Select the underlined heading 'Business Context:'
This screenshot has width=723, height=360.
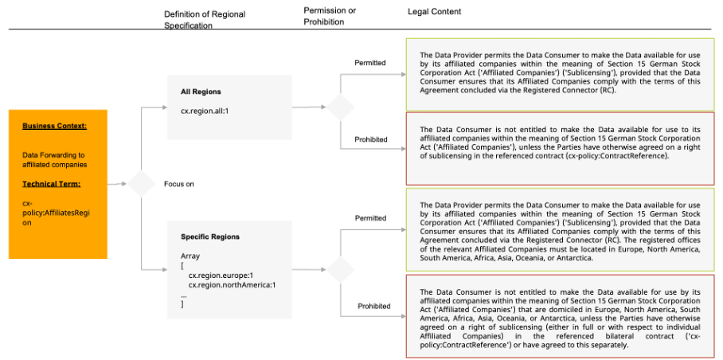(54, 126)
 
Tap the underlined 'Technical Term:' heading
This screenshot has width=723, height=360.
(51, 184)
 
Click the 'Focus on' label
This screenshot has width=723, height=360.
(179, 184)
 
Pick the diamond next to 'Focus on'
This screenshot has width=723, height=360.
(142, 184)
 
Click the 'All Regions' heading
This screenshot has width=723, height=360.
(201, 92)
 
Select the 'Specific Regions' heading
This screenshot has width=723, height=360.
(210, 237)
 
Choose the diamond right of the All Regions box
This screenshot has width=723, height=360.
(340, 107)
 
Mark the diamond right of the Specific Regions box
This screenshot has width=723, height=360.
(340, 268)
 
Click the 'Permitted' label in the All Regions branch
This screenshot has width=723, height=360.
(370, 63)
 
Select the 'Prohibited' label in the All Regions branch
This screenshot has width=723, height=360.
(371, 139)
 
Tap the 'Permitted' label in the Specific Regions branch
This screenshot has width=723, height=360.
(370, 218)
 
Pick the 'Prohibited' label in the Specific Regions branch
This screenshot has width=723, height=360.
(373, 306)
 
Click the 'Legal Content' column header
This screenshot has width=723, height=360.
(434, 12)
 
